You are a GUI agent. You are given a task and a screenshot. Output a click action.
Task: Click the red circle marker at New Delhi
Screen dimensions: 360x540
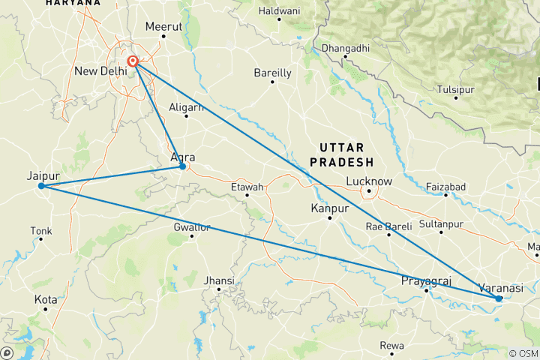132,61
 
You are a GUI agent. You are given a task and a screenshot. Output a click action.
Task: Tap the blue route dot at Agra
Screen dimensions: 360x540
182,166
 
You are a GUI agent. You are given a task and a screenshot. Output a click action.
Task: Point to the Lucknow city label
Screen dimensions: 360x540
369,181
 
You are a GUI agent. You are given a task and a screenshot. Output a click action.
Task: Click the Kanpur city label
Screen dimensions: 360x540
329,208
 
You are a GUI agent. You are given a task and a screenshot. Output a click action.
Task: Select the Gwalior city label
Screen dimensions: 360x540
192,226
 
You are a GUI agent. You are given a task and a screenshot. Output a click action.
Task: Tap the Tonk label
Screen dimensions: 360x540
40,230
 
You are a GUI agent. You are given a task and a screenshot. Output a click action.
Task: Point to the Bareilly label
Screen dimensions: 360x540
272,73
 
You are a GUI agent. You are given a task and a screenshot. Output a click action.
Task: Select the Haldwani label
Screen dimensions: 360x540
278,11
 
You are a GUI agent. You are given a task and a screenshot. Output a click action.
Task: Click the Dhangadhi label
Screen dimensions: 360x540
345,49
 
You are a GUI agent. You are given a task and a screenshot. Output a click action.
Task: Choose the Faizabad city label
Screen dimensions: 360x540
445,186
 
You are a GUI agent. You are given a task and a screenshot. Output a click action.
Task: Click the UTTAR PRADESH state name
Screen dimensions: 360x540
346,154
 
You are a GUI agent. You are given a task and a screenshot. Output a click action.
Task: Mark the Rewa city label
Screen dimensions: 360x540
392,346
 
